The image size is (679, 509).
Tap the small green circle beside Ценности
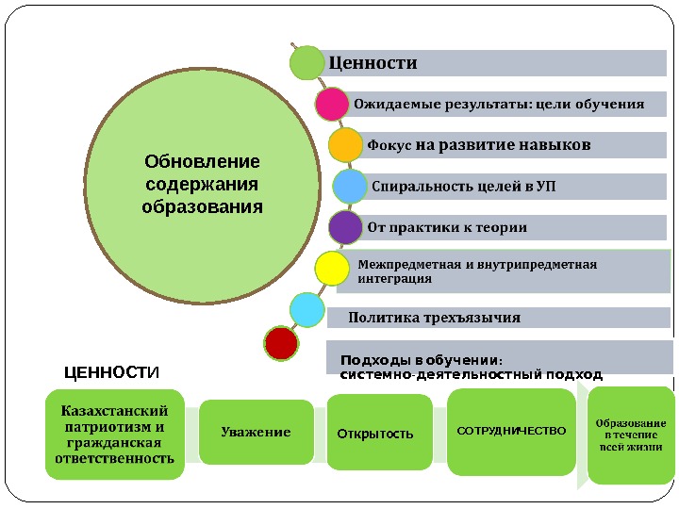306,64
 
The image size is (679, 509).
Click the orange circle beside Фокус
345,145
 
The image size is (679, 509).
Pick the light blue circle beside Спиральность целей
350,186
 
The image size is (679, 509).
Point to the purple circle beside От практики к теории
345,227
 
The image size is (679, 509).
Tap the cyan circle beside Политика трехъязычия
306,310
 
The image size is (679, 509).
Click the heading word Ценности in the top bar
373,64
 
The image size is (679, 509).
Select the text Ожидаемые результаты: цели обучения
499,104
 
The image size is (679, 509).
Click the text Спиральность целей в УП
464,186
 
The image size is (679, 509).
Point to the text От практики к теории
447,227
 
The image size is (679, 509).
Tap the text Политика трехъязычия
435,317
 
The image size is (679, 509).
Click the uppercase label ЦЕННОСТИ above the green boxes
112,373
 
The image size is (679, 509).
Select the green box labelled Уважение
257,433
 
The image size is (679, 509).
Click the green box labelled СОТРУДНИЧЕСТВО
511,431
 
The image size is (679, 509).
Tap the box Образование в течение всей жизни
631,435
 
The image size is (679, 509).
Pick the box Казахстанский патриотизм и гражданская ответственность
115,435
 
